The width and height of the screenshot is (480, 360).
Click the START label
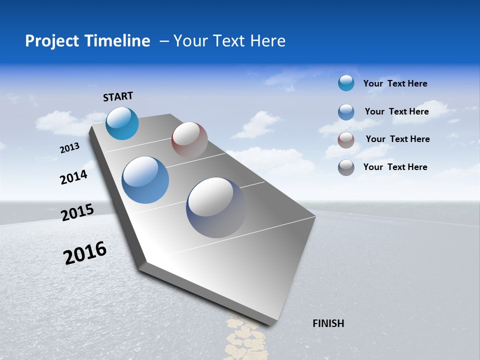point(118,96)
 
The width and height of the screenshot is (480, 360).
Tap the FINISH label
point(328,323)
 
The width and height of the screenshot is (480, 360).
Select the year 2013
point(69,148)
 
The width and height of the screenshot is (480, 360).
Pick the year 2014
point(73,177)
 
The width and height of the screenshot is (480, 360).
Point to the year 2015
point(77,212)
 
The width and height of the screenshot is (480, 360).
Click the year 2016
point(85,253)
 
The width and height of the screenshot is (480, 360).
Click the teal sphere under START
point(122,123)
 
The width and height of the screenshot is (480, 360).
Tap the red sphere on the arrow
point(189,140)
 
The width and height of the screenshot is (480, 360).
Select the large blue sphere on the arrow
point(145,180)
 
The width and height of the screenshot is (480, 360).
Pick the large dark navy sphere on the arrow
point(216,207)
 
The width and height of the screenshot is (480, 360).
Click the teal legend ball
point(346,83)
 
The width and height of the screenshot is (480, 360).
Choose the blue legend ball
point(346,112)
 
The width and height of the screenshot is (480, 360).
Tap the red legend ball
point(346,140)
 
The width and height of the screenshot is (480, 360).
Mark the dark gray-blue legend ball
point(346,167)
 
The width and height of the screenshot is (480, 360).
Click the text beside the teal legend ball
point(395,83)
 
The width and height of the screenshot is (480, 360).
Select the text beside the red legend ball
point(397,139)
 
